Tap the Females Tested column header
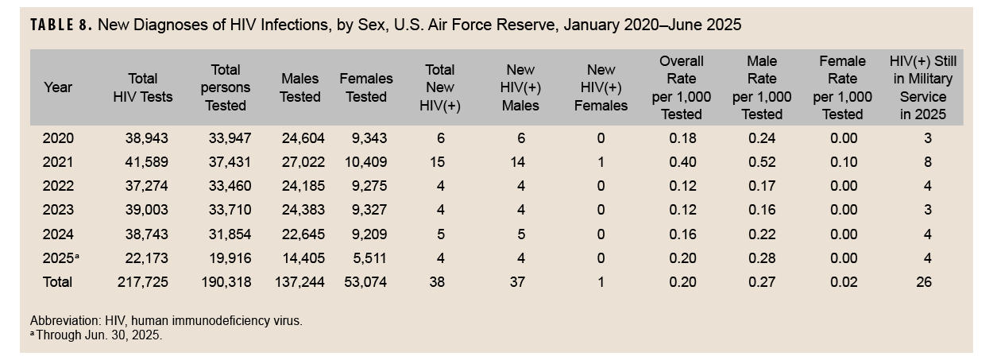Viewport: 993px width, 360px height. click(x=366, y=87)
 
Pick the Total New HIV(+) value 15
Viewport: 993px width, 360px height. click(x=439, y=162)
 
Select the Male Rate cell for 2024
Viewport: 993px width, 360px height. click(x=762, y=234)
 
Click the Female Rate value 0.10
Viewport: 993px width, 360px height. click(x=842, y=162)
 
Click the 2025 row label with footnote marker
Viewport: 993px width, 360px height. click(x=60, y=258)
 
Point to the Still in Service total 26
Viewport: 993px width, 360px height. click(x=923, y=282)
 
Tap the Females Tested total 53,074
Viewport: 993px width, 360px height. click(x=366, y=282)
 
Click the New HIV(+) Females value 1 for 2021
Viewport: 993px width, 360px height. click(x=601, y=162)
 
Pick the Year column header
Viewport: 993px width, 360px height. click(x=58, y=87)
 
